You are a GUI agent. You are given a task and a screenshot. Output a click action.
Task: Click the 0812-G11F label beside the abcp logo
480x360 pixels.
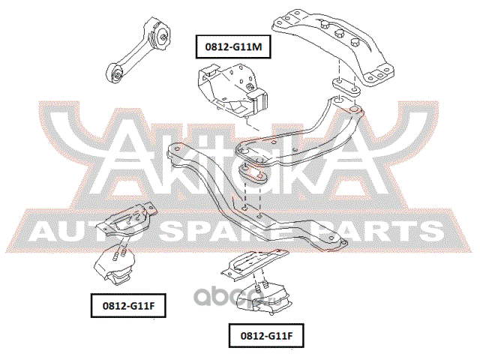pyautogui.click(x=265, y=336)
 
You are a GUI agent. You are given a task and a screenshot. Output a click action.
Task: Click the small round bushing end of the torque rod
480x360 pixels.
pyautogui.click(x=117, y=73)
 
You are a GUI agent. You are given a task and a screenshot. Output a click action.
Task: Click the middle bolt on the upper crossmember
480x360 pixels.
pyautogui.click(x=340, y=34)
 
